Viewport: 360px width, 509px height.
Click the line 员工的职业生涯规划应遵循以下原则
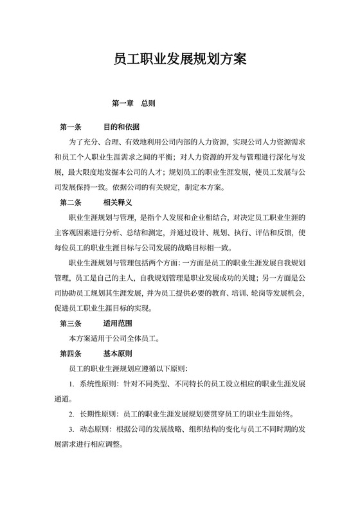point(128,369)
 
